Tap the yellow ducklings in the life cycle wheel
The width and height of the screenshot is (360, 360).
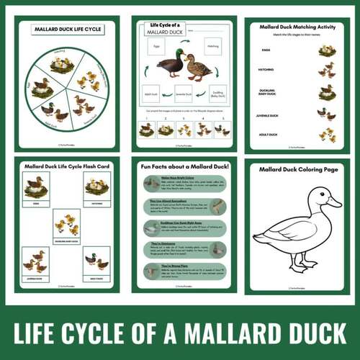tap(91, 81)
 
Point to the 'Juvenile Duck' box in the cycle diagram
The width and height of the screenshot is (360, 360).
tap(182, 93)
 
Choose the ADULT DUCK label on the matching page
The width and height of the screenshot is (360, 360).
tap(266, 135)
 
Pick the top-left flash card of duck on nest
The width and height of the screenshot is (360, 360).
tap(34, 188)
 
